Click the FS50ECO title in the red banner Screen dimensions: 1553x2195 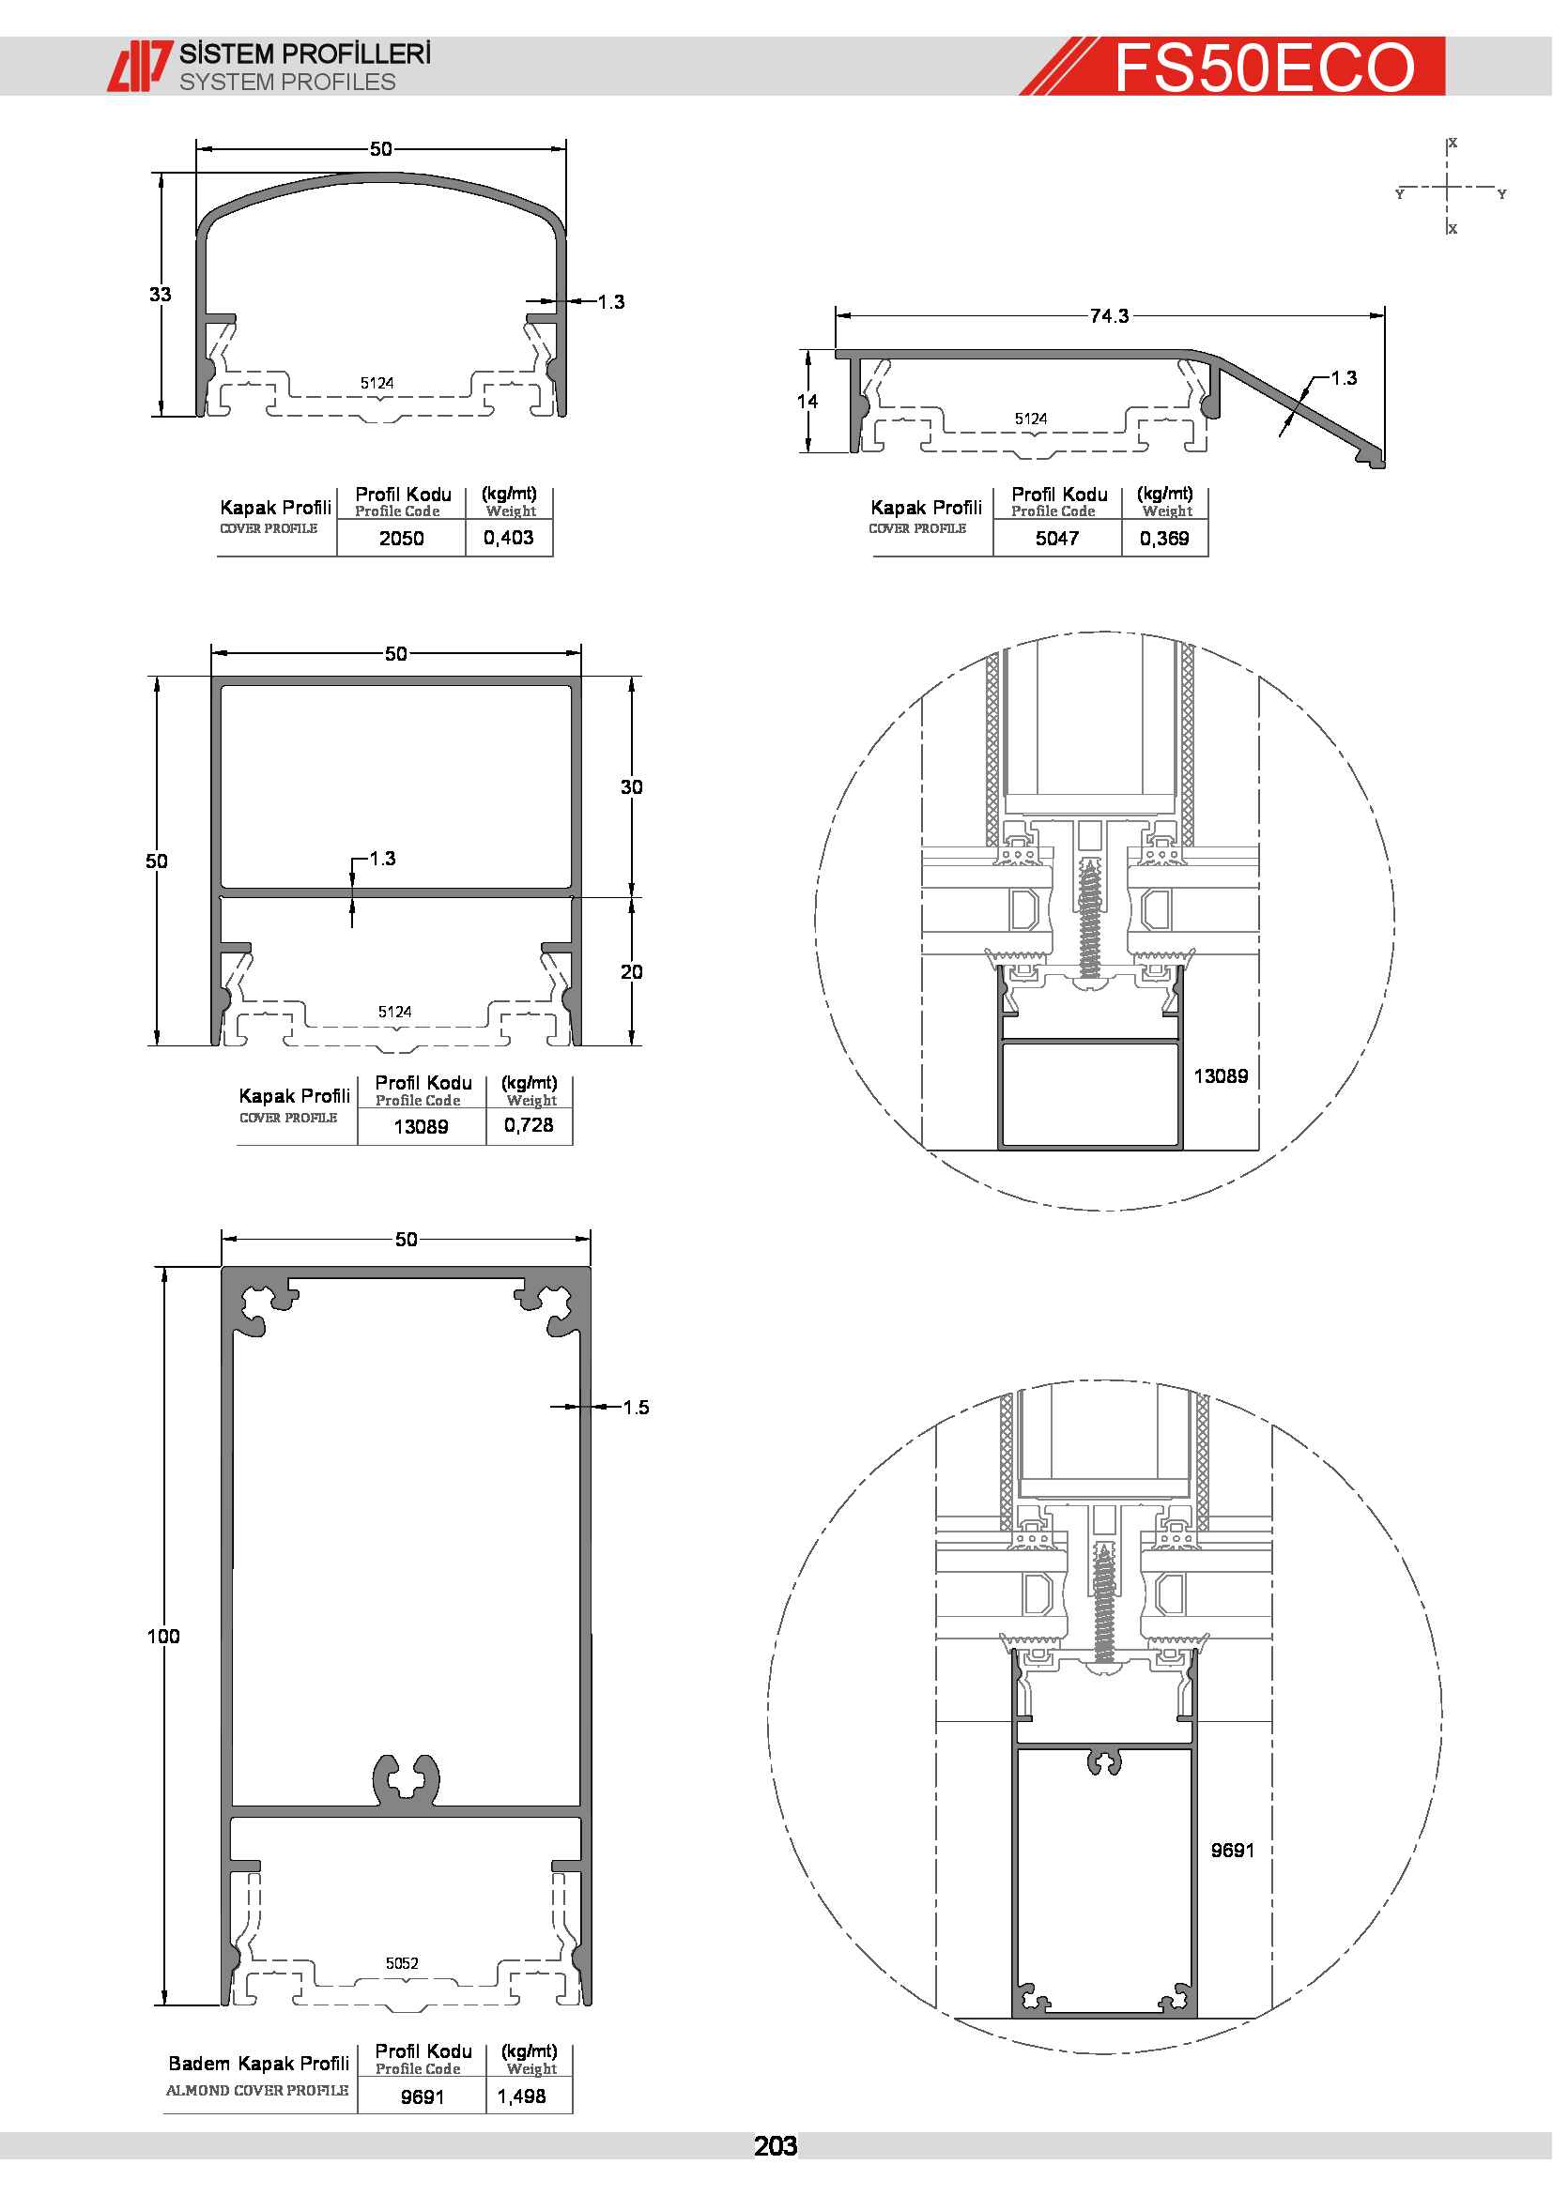(x=1264, y=67)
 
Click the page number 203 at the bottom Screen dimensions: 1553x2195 (x=775, y=2146)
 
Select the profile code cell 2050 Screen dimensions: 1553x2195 (x=402, y=539)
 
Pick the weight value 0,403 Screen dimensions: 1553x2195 (x=509, y=538)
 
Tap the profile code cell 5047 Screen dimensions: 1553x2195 (x=1056, y=539)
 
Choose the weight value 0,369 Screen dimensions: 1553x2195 (x=1163, y=539)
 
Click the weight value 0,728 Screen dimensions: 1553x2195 (x=529, y=1125)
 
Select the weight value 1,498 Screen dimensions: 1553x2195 (x=522, y=2096)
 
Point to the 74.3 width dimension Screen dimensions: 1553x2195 (x=1109, y=315)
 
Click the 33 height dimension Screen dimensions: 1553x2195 (x=160, y=295)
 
